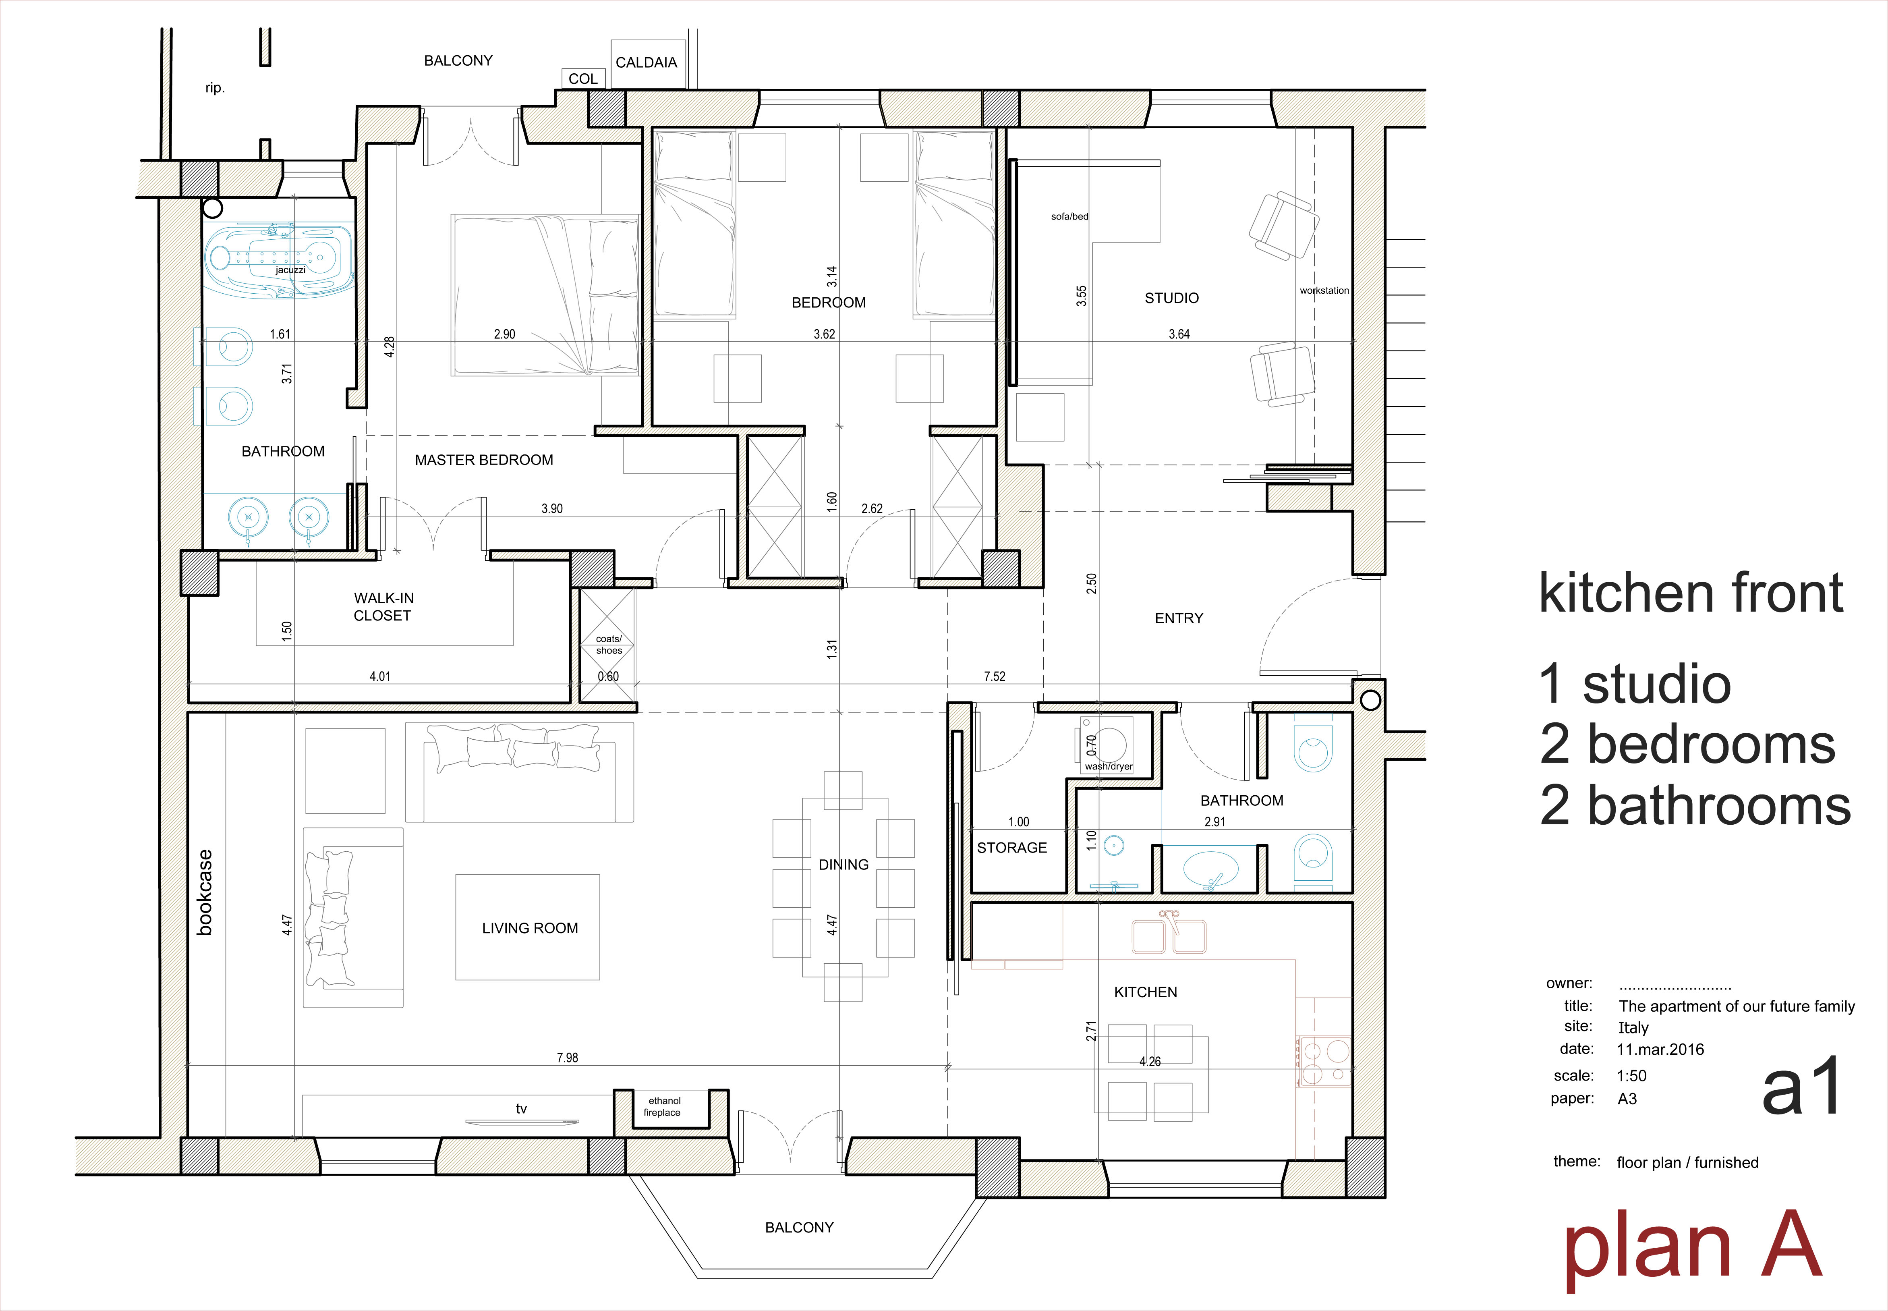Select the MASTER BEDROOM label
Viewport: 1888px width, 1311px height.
tap(484, 460)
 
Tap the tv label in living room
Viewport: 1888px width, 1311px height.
tap(522, 1109)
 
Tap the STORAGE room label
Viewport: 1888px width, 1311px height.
tap(1012, 848)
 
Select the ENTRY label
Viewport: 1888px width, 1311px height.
tap(1179, 618)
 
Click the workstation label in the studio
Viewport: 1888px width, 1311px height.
tap(1324, 291)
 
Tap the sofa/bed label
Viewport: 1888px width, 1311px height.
tap(1069, 217)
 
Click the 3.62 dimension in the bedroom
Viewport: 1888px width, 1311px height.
tap(825, 334)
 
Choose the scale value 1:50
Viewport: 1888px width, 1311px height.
tap(1632, 1076)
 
